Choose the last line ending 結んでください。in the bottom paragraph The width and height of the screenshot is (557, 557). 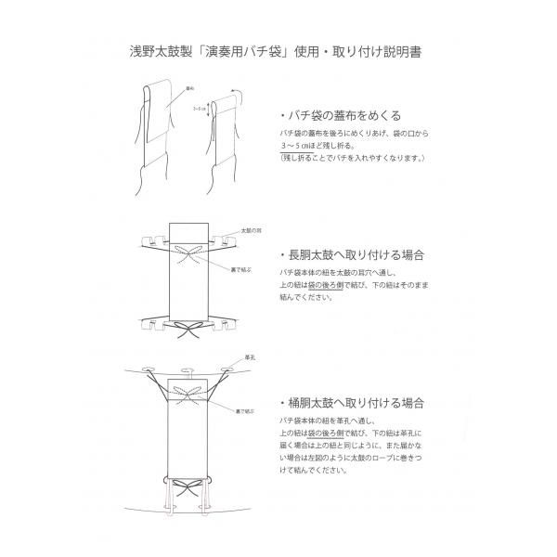point(316,471)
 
